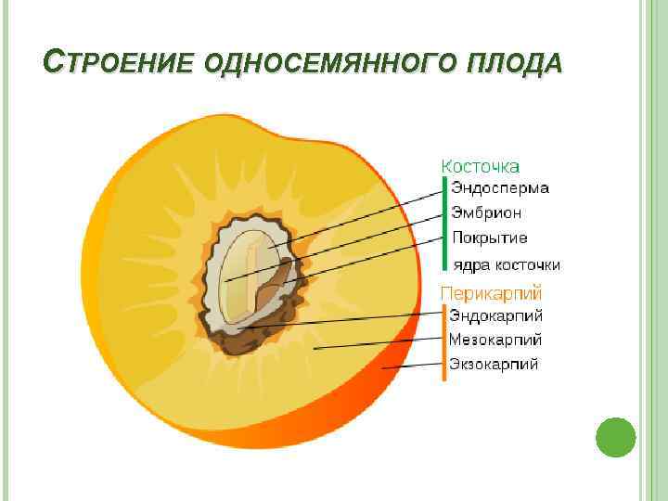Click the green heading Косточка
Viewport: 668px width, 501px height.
click(x=480, y=166)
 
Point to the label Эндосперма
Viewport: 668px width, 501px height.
click(x=500, y=188)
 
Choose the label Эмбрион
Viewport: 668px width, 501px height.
click(x=486, y=212)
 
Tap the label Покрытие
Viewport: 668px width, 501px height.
click(x=490, y=238)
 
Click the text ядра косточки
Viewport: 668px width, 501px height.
click(x=506, y=264)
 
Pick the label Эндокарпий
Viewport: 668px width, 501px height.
click(x=496, y=316)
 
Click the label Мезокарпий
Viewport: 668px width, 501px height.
click(x=495, y=340)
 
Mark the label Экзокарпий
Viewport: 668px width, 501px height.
click(x=494, y=365)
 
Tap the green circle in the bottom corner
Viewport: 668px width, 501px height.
click(x=614, y=437)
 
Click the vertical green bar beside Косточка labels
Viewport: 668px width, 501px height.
click(x=444, y=223)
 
